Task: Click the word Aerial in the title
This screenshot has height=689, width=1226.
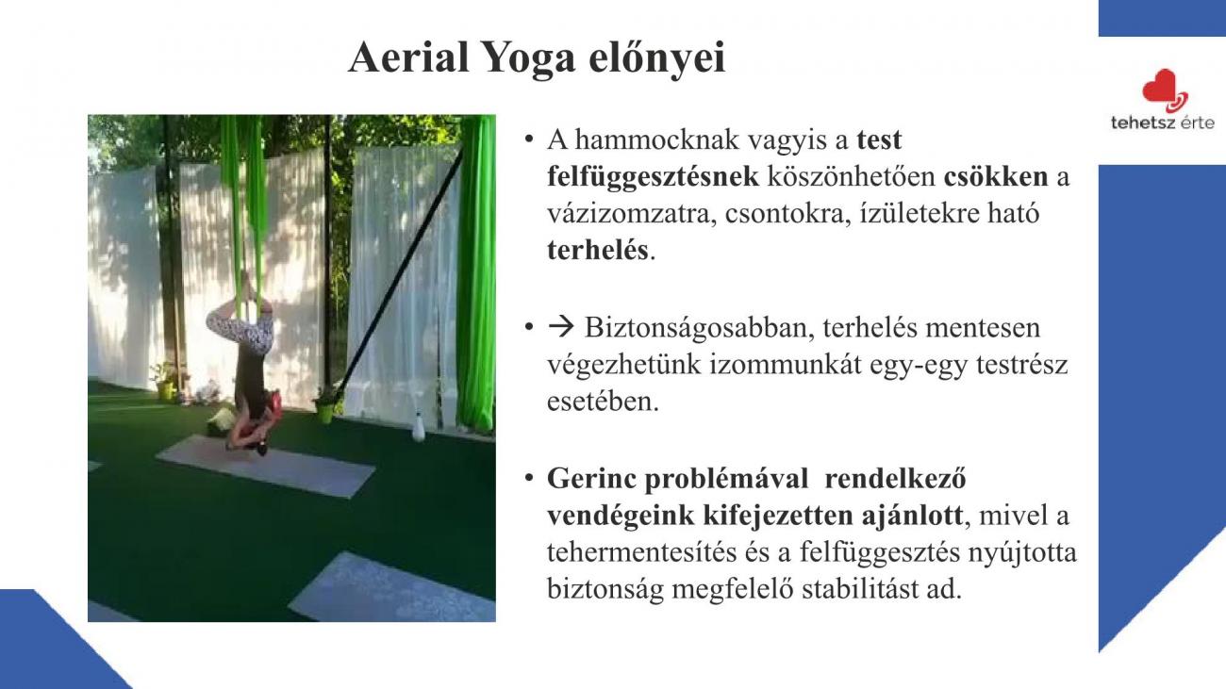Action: [409, 57]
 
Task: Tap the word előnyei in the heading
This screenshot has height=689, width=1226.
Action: [656, 57]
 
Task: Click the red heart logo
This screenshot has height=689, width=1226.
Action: [1165, 90]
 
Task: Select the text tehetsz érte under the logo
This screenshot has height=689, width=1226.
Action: [1163, 122]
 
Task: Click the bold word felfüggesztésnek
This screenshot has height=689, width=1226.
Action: [653, 177]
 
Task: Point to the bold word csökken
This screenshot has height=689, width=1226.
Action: [996, 176]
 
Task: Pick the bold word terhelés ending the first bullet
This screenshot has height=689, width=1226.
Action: [598, 250]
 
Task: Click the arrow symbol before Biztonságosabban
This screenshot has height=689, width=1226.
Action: [561, 327]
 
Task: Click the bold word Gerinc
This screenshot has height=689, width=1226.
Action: [591, 479]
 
